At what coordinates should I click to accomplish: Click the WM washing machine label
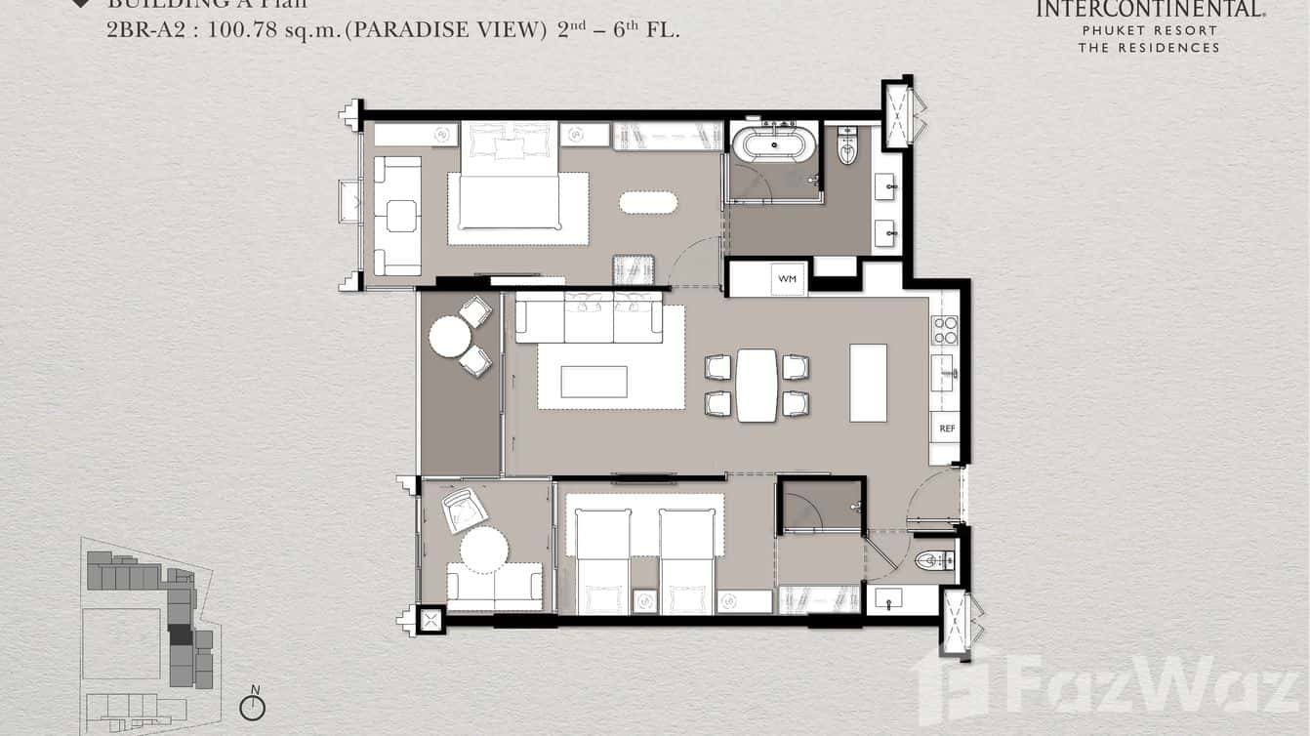pyautogui.click(x=787, y=279)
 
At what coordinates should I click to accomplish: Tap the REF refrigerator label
pyautogui.click(x=946, y=429)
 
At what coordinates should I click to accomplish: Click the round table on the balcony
pyautogui.click(x=450, y=339)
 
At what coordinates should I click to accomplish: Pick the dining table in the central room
pyautogui.click(x=757, y=385)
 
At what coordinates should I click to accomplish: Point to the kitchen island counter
pyautogui.click(x=868, y=383)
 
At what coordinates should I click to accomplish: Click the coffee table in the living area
pyautogui.click(x=594, y=382)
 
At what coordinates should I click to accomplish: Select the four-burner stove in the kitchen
pyautogui.click(x=945, y=331)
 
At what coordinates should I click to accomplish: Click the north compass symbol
pyautogui.click(x=253, y=706)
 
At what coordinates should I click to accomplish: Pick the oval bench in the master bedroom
pyautogui.click(x=648, y=202)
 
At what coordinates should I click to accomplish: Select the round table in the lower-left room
pyautogui.click(x=484, y=550)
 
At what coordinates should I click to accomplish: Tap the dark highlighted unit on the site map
pyautogui.click(x=181, y=634)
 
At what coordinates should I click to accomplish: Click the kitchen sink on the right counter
pyautogui.click(x=943, y=372)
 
